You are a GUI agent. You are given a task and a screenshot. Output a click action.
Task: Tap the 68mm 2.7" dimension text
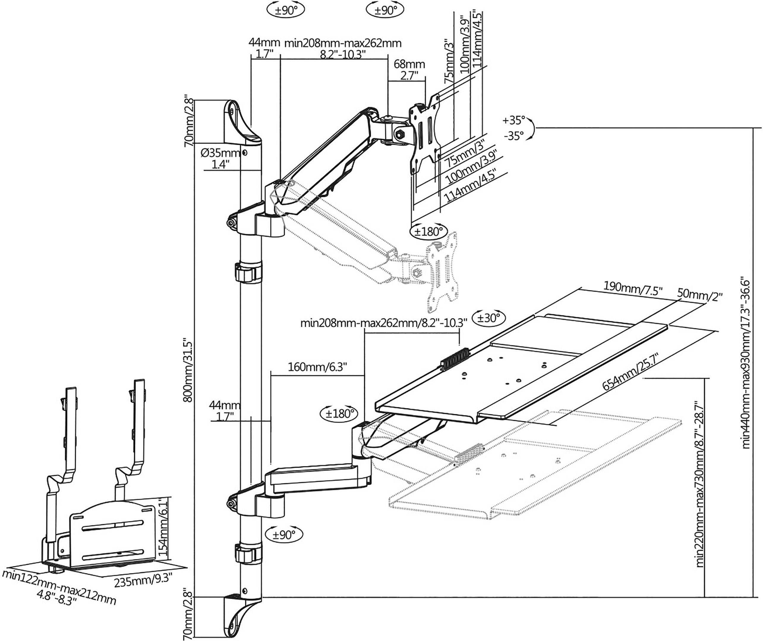pos(409,70)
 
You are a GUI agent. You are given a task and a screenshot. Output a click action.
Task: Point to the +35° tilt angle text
pos(514,120)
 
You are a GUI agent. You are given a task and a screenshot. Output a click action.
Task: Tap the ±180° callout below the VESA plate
pos(429,231)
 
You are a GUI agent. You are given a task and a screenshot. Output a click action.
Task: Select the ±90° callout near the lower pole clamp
pos(284,535)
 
